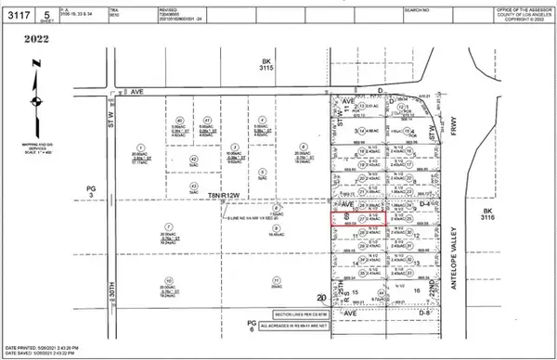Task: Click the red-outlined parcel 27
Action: click(358, 220)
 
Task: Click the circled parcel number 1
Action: click(141, 147)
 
